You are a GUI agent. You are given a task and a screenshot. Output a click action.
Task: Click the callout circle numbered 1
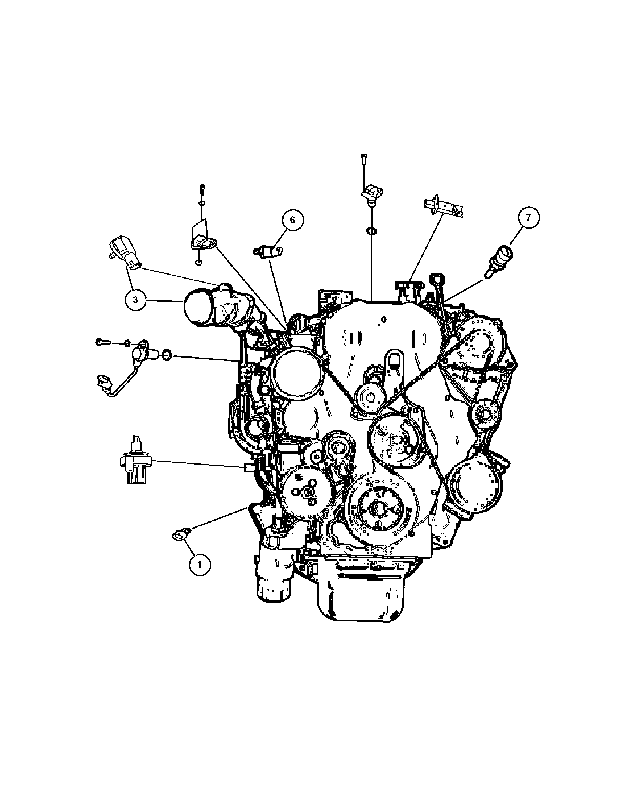point(200,575)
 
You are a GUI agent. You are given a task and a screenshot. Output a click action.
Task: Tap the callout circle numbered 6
point(292,220)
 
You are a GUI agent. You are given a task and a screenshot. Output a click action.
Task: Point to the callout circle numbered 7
point(528,217)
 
